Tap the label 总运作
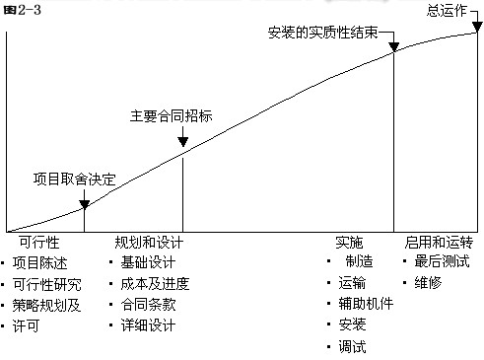446,10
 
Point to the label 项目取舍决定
74,180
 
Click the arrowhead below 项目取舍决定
84,204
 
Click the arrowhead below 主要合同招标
183,148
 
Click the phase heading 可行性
40,242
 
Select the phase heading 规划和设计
149,242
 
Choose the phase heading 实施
349,242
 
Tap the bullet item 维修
429,283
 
